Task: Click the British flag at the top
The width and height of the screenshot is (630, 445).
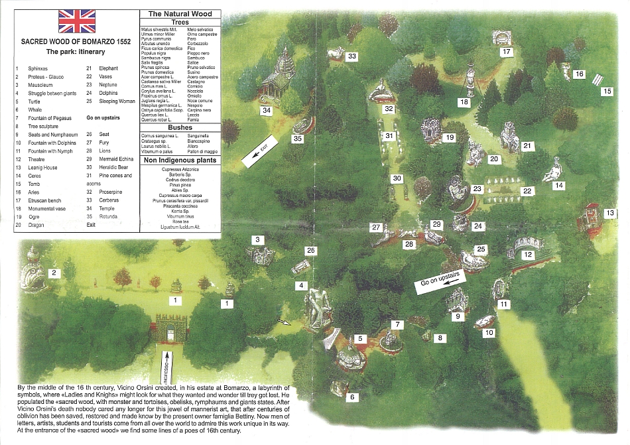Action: pyautogui.click(x=77, y=21)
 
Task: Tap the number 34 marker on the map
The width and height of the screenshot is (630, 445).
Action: pyautogui.click(x=267, y=111)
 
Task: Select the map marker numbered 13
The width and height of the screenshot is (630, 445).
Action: pyautogui.click(x=610, y=213)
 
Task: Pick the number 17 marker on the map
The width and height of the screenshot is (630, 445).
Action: pyautogui.click(x=507, y=51)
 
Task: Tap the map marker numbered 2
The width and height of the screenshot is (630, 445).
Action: pyautogui.click(x=56, y=273)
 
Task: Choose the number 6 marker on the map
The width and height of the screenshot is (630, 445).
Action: pyautogui.click(x=352, y=397)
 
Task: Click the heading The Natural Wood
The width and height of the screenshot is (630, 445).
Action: pyautogui.click(x=180, y=13)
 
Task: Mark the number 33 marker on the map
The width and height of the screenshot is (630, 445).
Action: pyautogui.click(x=351, y=56)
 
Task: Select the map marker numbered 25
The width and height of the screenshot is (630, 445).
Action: pyautogui.click(x=481, y=249)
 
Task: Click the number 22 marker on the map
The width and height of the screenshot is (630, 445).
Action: pyautogui.click(x=527, y=191)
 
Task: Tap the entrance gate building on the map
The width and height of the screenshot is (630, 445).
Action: pyautogui.click(x=170, y=328)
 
